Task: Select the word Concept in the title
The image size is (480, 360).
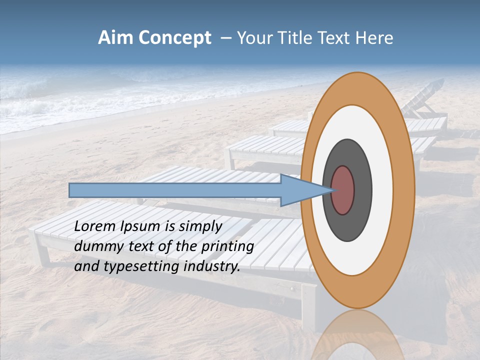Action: click(x=174, y=38)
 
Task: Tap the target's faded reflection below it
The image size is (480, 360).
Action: click(x=357, y=335)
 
